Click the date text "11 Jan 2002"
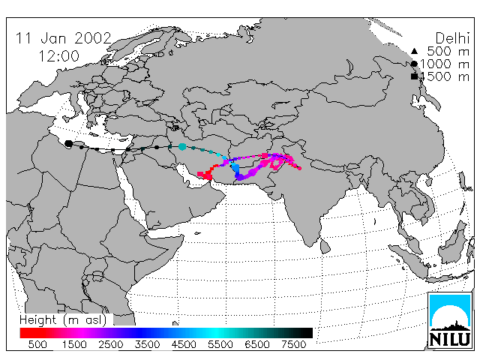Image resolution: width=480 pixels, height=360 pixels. click(x=63, y=38)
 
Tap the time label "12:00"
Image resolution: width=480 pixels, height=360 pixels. click(x=58, y=56)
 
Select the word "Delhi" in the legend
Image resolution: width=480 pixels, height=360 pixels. click(x=452, y=38)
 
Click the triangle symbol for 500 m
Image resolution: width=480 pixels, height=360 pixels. click(x=414, y=51)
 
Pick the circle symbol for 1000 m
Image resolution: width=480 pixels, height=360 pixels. click(x=414, y=64)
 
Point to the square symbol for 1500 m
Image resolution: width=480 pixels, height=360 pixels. click(x=414, y=76)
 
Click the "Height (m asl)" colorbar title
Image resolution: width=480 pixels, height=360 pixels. click(x=63, y=320)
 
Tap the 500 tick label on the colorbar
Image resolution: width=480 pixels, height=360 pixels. click(x=37, y=344)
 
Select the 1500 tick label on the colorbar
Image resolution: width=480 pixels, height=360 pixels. click(x=74, y=344)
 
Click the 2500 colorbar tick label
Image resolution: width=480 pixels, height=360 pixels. click(x=111, y=344)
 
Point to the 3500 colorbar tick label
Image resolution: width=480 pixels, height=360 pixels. click(x=147, y=344)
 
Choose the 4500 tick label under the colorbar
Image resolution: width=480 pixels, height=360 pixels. click(x=184, y=344)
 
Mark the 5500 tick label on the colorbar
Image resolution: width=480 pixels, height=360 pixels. click(x=220, y=344)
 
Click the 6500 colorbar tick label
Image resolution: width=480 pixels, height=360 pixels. click(x=257, y=344)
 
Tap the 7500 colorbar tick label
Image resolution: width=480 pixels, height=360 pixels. click(x=293, y=344)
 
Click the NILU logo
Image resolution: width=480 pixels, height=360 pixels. click(x=450, y=320)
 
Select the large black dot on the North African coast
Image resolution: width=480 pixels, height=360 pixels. click(x=69, y=143)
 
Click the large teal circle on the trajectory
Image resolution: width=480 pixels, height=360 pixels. click(x=182, y=147)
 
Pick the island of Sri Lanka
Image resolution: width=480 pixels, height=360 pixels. click(x=325, y=247)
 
